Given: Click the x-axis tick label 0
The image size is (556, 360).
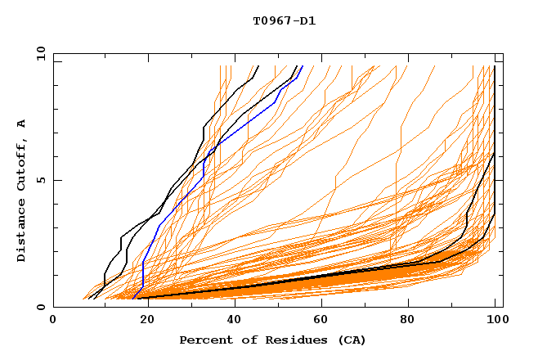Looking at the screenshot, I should [53, 322].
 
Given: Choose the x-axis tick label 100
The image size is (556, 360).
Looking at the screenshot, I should [495, 322].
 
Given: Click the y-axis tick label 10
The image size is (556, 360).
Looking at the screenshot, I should [41, 53].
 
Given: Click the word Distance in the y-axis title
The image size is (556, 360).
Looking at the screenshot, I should [22, 234].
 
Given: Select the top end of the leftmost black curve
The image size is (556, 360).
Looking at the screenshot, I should [258, 66].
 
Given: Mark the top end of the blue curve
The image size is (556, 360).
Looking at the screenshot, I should [303, 66].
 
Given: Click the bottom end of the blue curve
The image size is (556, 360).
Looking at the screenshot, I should [132, 299].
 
